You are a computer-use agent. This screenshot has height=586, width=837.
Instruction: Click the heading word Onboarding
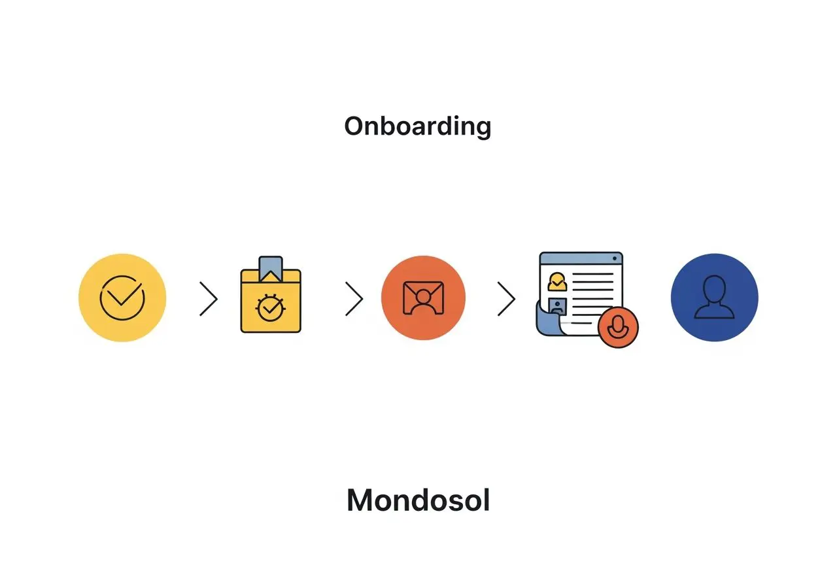coord(417,126)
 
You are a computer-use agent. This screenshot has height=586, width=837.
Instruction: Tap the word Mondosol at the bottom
coord(418,501)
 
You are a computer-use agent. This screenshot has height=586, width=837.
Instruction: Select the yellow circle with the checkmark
coord(122,298)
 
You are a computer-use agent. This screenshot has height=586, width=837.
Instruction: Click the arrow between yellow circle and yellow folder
coord(209,299)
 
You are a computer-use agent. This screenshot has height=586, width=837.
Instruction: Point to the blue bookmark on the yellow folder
coord(271,267)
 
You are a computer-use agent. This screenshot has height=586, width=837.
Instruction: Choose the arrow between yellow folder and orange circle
coord(354,299)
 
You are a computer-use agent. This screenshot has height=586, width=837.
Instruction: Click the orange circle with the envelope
coord(423,298)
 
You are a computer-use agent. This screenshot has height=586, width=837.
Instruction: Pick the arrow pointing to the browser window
coord(507,299)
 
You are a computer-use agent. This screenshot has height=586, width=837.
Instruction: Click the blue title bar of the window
coord(581,258)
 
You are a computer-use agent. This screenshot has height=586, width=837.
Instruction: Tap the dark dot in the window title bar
coord(614,258)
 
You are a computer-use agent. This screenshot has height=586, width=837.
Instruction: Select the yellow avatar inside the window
coord(556,281)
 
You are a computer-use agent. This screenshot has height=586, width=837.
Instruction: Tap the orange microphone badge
coord(617,328)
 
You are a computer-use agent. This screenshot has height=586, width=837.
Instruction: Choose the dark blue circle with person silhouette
coord(715,298)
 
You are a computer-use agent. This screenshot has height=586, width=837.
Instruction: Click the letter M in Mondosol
coord(362,501)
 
